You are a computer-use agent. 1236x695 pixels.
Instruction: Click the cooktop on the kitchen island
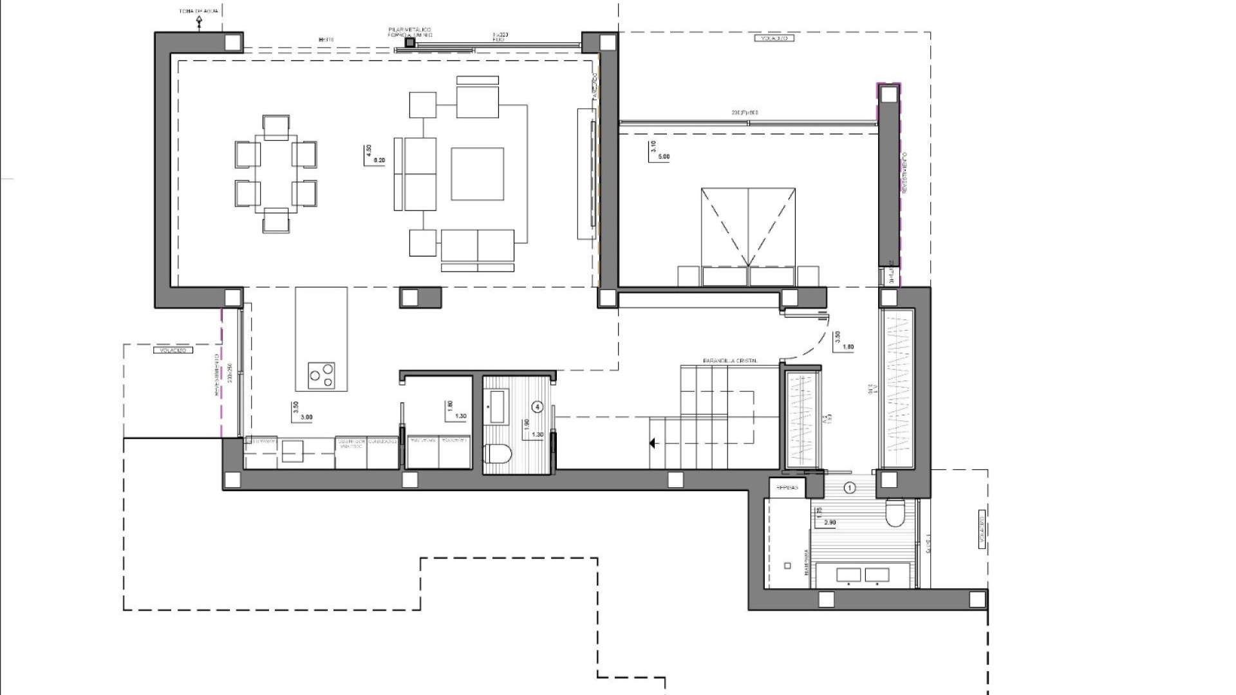coord(321,375)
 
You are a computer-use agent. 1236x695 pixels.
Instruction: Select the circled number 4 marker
coord(538,407)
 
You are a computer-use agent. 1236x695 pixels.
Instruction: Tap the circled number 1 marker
coord(850,488)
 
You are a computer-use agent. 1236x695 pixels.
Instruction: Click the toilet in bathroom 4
coord(498,455)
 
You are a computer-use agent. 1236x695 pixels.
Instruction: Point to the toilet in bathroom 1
coord(895,513)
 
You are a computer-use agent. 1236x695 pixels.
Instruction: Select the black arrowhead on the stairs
coord(652,443)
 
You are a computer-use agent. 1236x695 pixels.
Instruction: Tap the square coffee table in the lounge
coord(477,174)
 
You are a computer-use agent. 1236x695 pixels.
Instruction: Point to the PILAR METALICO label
coord(409,30)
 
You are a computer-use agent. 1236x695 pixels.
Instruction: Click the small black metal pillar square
coord(409,42)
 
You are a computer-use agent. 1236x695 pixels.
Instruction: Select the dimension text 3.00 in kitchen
coord(306,417)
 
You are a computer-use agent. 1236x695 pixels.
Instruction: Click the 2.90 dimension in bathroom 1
coord(829,523)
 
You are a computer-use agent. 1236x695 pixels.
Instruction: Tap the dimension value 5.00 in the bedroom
coord(663,156)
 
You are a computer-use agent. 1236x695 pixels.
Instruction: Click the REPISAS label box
coord(787,488)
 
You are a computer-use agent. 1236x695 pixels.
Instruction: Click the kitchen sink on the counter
coord(292,451)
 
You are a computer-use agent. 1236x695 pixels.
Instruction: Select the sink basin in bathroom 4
coord(496,406)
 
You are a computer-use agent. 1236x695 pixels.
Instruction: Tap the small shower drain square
coord(787,566)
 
